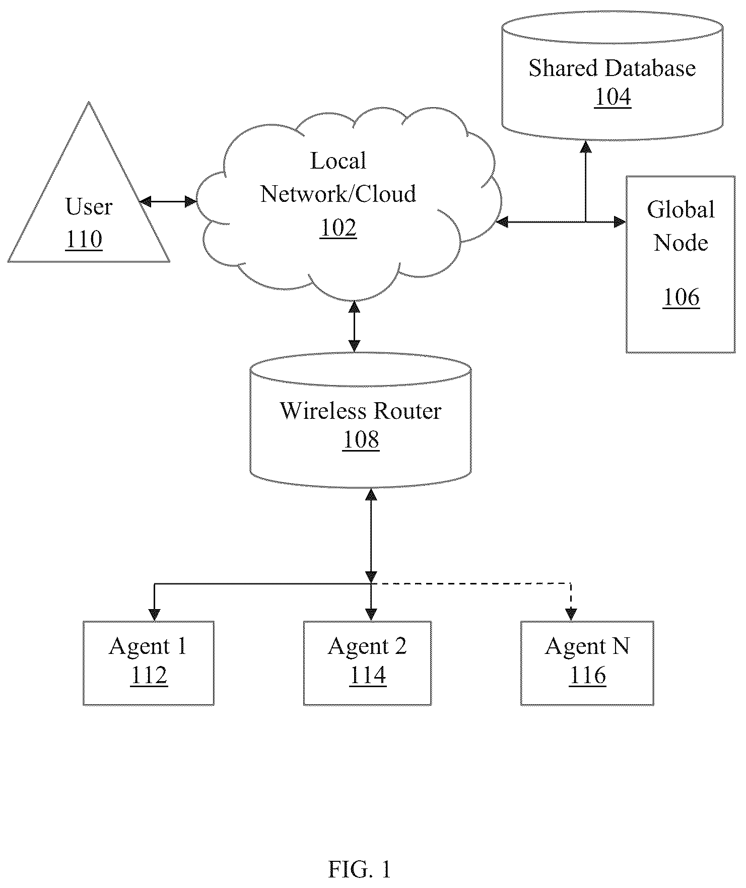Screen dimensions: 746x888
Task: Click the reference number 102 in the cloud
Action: point(338,228)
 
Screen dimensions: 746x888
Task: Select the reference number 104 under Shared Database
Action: point(613,97)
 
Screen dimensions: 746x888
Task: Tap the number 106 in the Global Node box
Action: point(681,297)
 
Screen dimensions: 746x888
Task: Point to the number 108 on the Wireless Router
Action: point(361,439)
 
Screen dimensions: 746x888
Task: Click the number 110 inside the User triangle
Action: point(84,240)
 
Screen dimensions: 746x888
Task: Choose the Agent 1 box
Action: point(149,662)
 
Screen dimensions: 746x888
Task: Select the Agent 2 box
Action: point(367,662)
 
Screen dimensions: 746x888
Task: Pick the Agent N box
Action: point(587,662)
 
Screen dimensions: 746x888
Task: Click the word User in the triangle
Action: point(89,207)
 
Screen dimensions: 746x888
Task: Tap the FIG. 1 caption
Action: point(359,869)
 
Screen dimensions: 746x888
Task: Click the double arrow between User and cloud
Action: point(168,202)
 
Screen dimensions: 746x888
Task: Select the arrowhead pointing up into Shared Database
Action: point(585,146)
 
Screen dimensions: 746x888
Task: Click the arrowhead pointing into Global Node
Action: point(620,221)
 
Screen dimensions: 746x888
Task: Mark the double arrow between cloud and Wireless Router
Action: point(355,326)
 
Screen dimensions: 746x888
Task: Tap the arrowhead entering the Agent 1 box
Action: point(155,615)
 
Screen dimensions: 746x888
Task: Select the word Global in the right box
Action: point(681,209)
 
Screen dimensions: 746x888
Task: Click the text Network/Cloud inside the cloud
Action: point(338,194)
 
